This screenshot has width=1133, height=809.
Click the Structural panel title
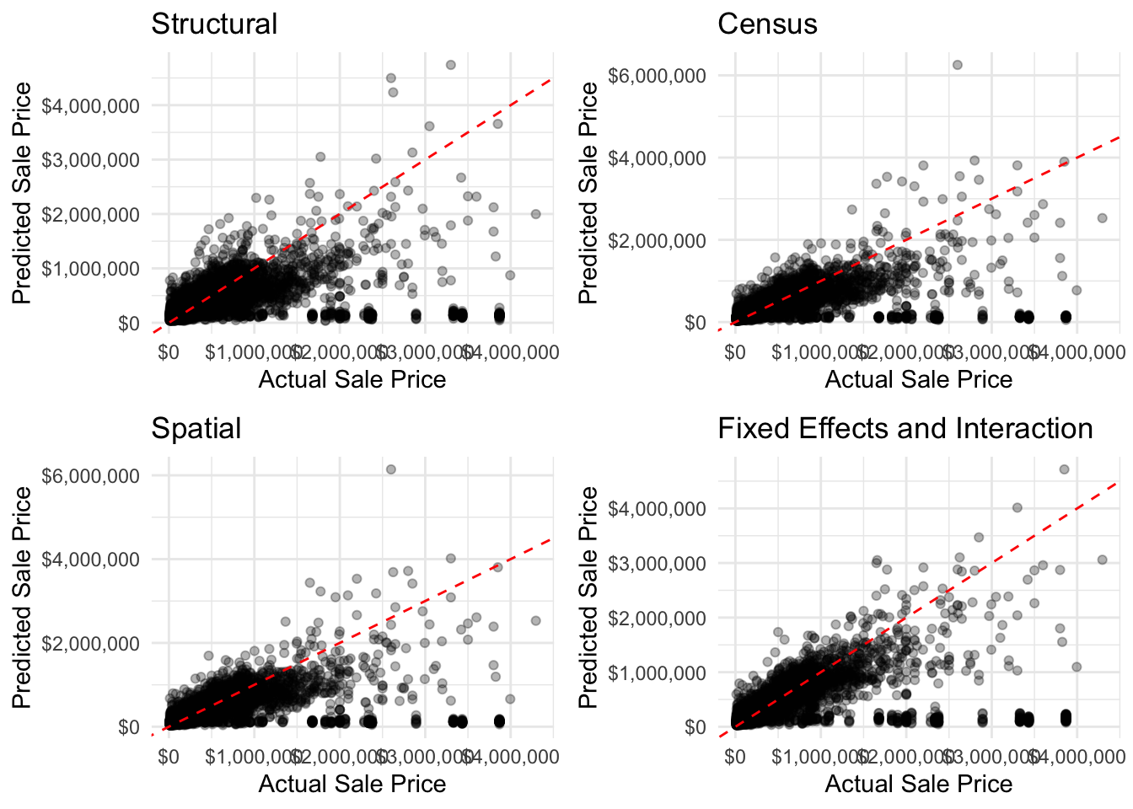[x=214, y=24]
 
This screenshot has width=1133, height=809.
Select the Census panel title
[x=767, y=24]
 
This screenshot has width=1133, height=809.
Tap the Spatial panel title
[x=196, y=428]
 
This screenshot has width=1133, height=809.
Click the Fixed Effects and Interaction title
[x=905, y=428]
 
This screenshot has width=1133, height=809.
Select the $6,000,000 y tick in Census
[x=657, y=76]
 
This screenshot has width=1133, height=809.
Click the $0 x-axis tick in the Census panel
[x=735, y=351]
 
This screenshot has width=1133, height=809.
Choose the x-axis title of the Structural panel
[x=352, y=380]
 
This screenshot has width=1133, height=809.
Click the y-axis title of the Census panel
[x=588, y=193]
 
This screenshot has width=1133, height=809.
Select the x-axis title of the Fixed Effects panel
[x=918, y=785]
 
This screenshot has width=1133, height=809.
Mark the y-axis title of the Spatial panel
[x=21, y=597]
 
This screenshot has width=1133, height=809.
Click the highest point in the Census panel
[x=957, y=65]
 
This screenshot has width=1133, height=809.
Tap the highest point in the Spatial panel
[x=390, y=469]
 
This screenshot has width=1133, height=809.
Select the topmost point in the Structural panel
[x=450, y=65]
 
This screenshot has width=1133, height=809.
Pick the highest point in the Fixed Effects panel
[x=1064, y=469]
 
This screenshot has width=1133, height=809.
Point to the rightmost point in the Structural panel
[x=535, y=214]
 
